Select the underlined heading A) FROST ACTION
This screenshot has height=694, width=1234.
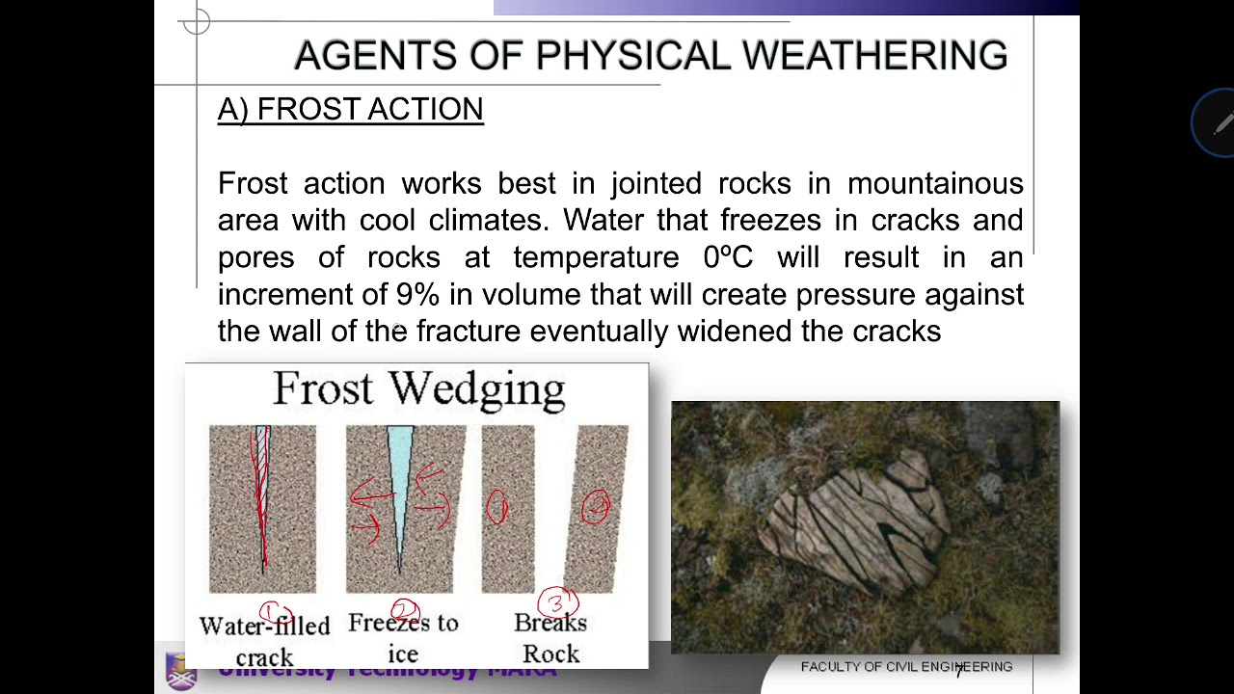tap(350, 110)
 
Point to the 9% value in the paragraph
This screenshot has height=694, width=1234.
tap(417, 294)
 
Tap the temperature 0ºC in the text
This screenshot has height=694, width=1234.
tap(728, 257)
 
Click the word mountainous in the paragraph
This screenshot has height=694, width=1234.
tap(934, 183)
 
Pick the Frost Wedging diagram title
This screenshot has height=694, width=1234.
tap(418, 389)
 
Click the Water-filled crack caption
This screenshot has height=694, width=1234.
tap(264, 641)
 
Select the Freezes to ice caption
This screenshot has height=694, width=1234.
tap(403, 637)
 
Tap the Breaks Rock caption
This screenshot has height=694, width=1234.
tap(550, 638)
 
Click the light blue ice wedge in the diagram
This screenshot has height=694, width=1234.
tap(400, 472)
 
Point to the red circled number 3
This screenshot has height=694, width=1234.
tap(557, 603)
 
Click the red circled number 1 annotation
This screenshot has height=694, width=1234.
tap(274, 613)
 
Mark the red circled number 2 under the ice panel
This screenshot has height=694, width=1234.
tap(405, 610)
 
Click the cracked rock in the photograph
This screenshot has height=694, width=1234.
tap(853, 520)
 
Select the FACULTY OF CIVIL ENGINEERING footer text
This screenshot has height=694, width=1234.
tap(906, 667)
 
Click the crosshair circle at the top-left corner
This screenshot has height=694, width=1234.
tap(196, 22)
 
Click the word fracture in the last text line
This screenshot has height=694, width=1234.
tap(469, 331)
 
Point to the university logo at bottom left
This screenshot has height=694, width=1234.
tap(180, 672)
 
